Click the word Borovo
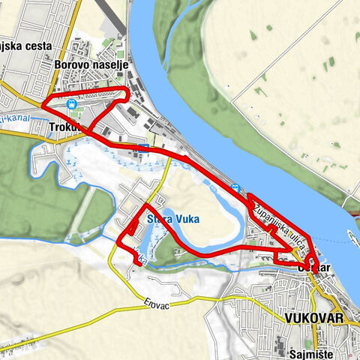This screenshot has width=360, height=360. (73, 65)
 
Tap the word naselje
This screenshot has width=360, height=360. (110, 65)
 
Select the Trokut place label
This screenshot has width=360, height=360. (62, 127)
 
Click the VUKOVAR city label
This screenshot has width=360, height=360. (314, 318)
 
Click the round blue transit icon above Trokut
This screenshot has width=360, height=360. (70, 104)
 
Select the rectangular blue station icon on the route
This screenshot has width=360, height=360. (142, 147)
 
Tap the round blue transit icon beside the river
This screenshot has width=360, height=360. (236, 188)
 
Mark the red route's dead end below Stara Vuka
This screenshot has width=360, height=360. (141, 263)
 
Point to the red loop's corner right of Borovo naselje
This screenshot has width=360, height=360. (127, 94)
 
